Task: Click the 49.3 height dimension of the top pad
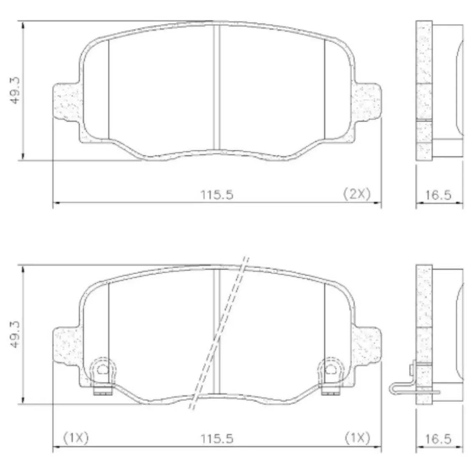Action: [15, 91]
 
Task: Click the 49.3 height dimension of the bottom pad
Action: [15, 334]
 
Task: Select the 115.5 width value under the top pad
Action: [217, 195]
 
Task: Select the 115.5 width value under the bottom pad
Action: [217, 439]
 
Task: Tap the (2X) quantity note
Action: [357, 194]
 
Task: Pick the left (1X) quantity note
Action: [76, 438]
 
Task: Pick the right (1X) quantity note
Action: [358, 438]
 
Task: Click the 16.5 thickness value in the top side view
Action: [438, 195]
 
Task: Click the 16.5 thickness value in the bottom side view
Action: [438, 439]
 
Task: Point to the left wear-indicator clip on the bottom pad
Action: [103, 376]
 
